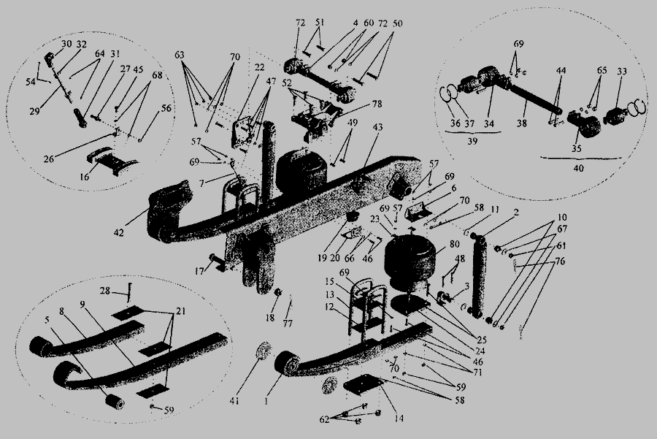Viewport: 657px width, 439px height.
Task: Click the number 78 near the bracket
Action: coord(358,104)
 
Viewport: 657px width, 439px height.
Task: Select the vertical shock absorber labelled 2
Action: coord(480,275)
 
